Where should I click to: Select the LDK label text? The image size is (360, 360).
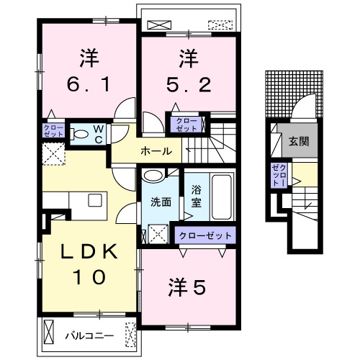(87, 252)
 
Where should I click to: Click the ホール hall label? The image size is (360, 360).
(156, 151)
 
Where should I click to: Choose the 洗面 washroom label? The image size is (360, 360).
(160, 202)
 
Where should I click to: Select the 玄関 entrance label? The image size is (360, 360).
(299, 141)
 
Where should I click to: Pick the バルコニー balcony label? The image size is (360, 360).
(89, 336)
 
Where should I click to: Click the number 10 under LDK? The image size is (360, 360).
(87, 275)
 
